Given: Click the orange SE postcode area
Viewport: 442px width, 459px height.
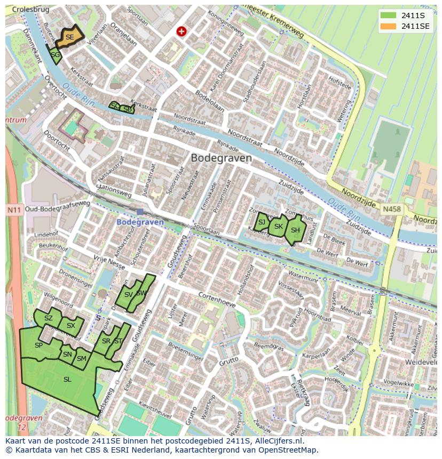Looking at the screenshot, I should (69, 37).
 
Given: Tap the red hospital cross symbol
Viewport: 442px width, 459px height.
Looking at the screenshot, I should (181, 31).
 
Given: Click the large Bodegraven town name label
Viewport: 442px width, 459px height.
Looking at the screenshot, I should (221, 158).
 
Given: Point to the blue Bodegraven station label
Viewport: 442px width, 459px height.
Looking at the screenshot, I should (140, 222).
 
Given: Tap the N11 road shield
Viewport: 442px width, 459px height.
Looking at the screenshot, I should (14, 210).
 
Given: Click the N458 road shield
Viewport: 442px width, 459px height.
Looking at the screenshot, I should (391, 210).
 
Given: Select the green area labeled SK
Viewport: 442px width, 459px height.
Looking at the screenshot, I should (278, 227).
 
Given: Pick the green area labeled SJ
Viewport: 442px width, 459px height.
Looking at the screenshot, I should (261, 222).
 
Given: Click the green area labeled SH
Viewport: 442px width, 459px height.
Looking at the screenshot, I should (295, 230).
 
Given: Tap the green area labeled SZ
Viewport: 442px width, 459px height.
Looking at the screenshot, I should (48, 318).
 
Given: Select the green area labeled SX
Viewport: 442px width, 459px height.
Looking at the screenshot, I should (71, 326).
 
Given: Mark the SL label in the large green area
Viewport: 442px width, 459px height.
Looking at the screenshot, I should (67, 380).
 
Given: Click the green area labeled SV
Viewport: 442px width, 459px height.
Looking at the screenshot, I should (128, 295).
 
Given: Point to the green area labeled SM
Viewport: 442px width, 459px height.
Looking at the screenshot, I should (81, 359).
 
